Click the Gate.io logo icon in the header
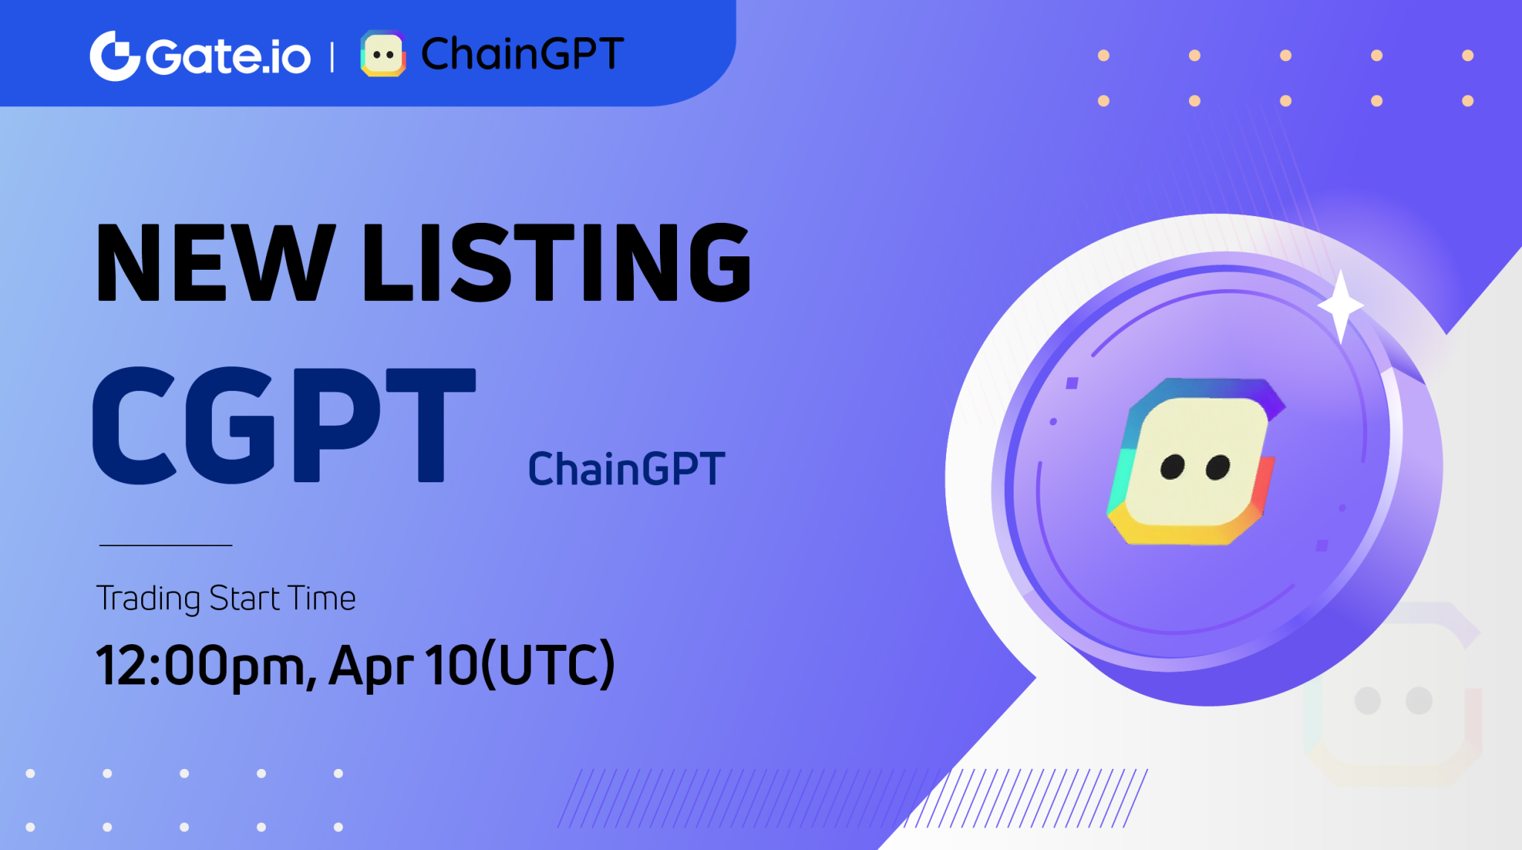114,56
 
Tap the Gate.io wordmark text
228,56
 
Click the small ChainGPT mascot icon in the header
383,54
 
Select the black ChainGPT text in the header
522,53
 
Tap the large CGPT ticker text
283,425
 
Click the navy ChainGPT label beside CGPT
626,469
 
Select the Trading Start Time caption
226,598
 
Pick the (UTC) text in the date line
548,664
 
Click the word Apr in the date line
370,665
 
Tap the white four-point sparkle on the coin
1341,305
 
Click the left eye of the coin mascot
1173,467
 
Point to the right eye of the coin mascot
1218,468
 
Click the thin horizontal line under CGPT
166,545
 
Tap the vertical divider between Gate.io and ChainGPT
332,57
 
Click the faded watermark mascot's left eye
1367,701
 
